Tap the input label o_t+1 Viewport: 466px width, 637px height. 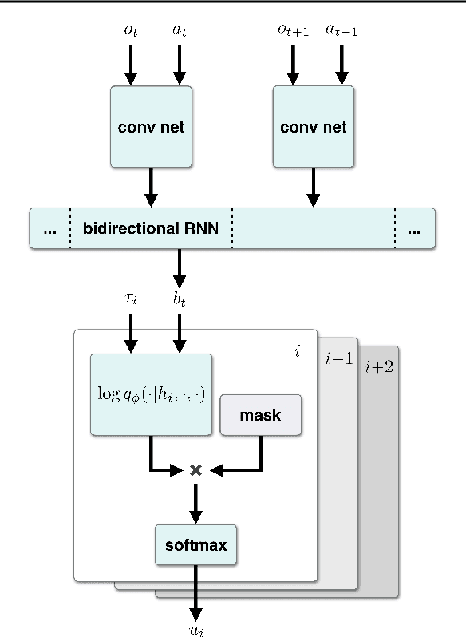292,30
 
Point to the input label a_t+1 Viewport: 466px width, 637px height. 342,30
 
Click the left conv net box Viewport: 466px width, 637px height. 151,127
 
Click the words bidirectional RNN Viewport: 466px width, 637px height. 150,229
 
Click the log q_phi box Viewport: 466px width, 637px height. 151,394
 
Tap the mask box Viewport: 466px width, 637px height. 261,415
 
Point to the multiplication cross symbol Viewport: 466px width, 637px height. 194,471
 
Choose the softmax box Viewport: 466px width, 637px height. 195,546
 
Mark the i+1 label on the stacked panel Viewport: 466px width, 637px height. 338,359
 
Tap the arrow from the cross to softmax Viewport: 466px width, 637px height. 195,503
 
